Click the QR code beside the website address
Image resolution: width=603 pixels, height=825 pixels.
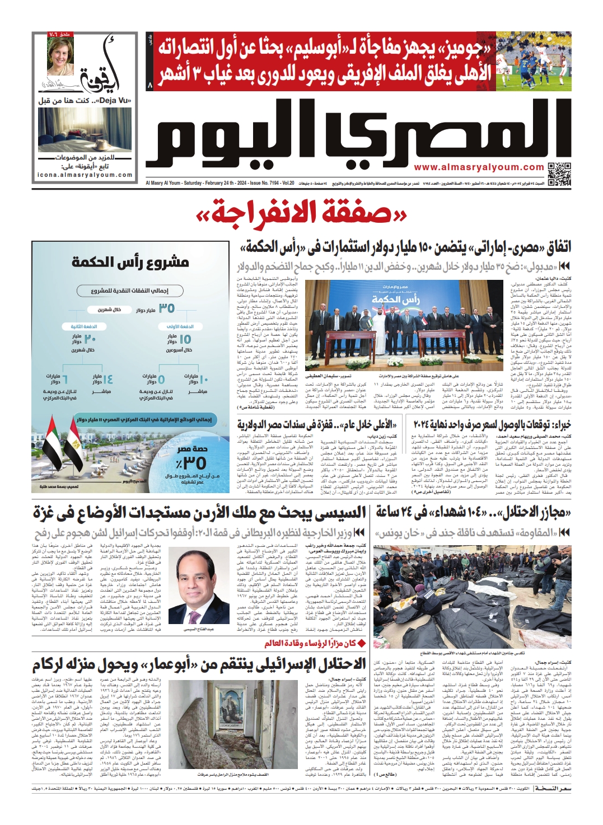coord(559,174)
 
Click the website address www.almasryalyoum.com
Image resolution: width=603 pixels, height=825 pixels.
coord(479,167)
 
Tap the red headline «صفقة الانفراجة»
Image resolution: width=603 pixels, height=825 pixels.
coord(301,215)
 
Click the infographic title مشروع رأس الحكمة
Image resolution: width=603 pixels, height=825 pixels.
coord(130,261)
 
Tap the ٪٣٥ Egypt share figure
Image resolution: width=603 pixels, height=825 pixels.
coord(190,462)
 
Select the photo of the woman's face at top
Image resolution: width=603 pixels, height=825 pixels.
coord(60,57)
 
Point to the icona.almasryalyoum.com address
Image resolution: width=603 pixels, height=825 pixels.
coord(85,175)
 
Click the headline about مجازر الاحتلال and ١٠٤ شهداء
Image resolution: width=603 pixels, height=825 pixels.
coord(473,512)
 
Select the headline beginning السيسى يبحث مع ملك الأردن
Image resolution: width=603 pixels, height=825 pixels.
coord(199,512)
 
